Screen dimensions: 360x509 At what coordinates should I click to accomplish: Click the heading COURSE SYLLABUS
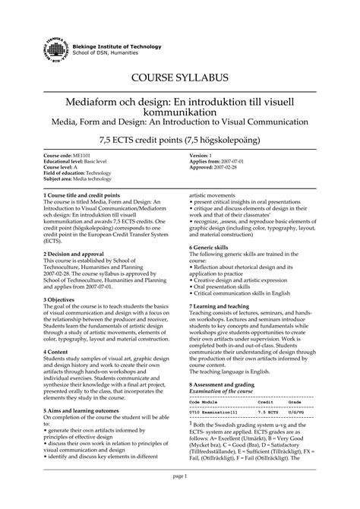click(179, 77)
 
